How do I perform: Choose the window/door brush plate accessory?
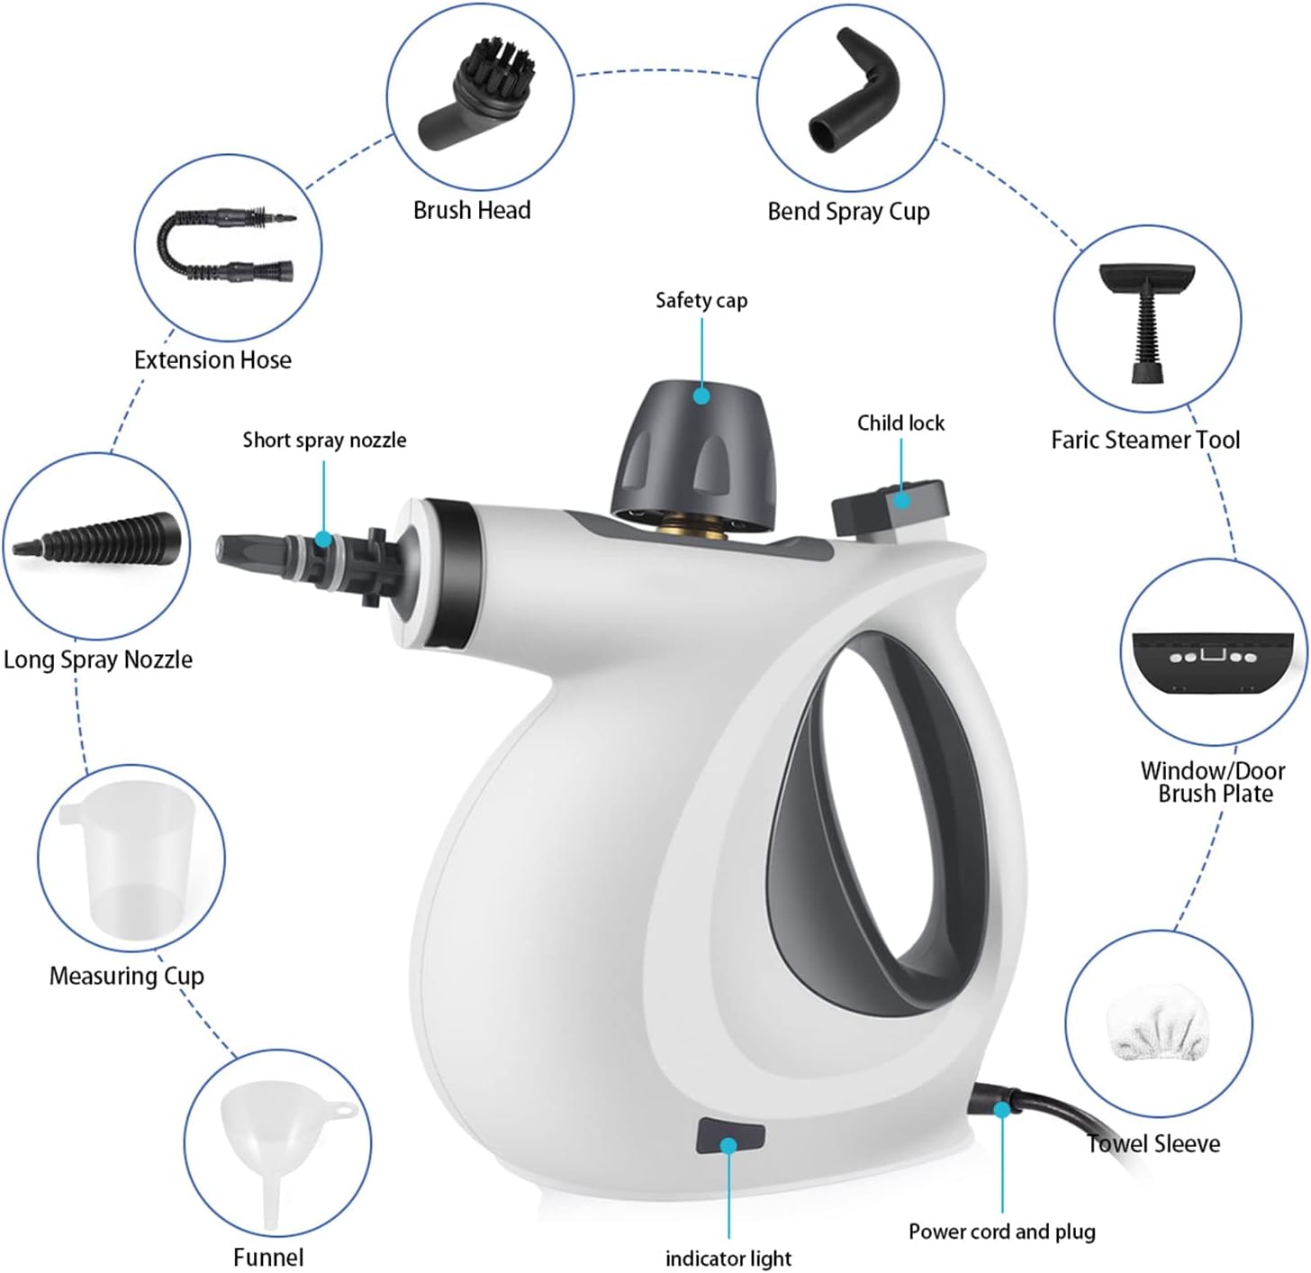point(1213,662)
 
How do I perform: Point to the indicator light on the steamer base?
point(730,1137)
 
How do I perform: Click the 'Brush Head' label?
point(472,210)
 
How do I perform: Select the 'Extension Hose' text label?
point(212,359)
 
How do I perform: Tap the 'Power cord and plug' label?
point(1001,1232)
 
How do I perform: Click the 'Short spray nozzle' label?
point(324,440)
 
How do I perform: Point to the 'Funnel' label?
point(268,1257)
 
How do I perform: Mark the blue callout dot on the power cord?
point(1001,1110)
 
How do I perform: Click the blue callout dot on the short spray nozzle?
point(323,540)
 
